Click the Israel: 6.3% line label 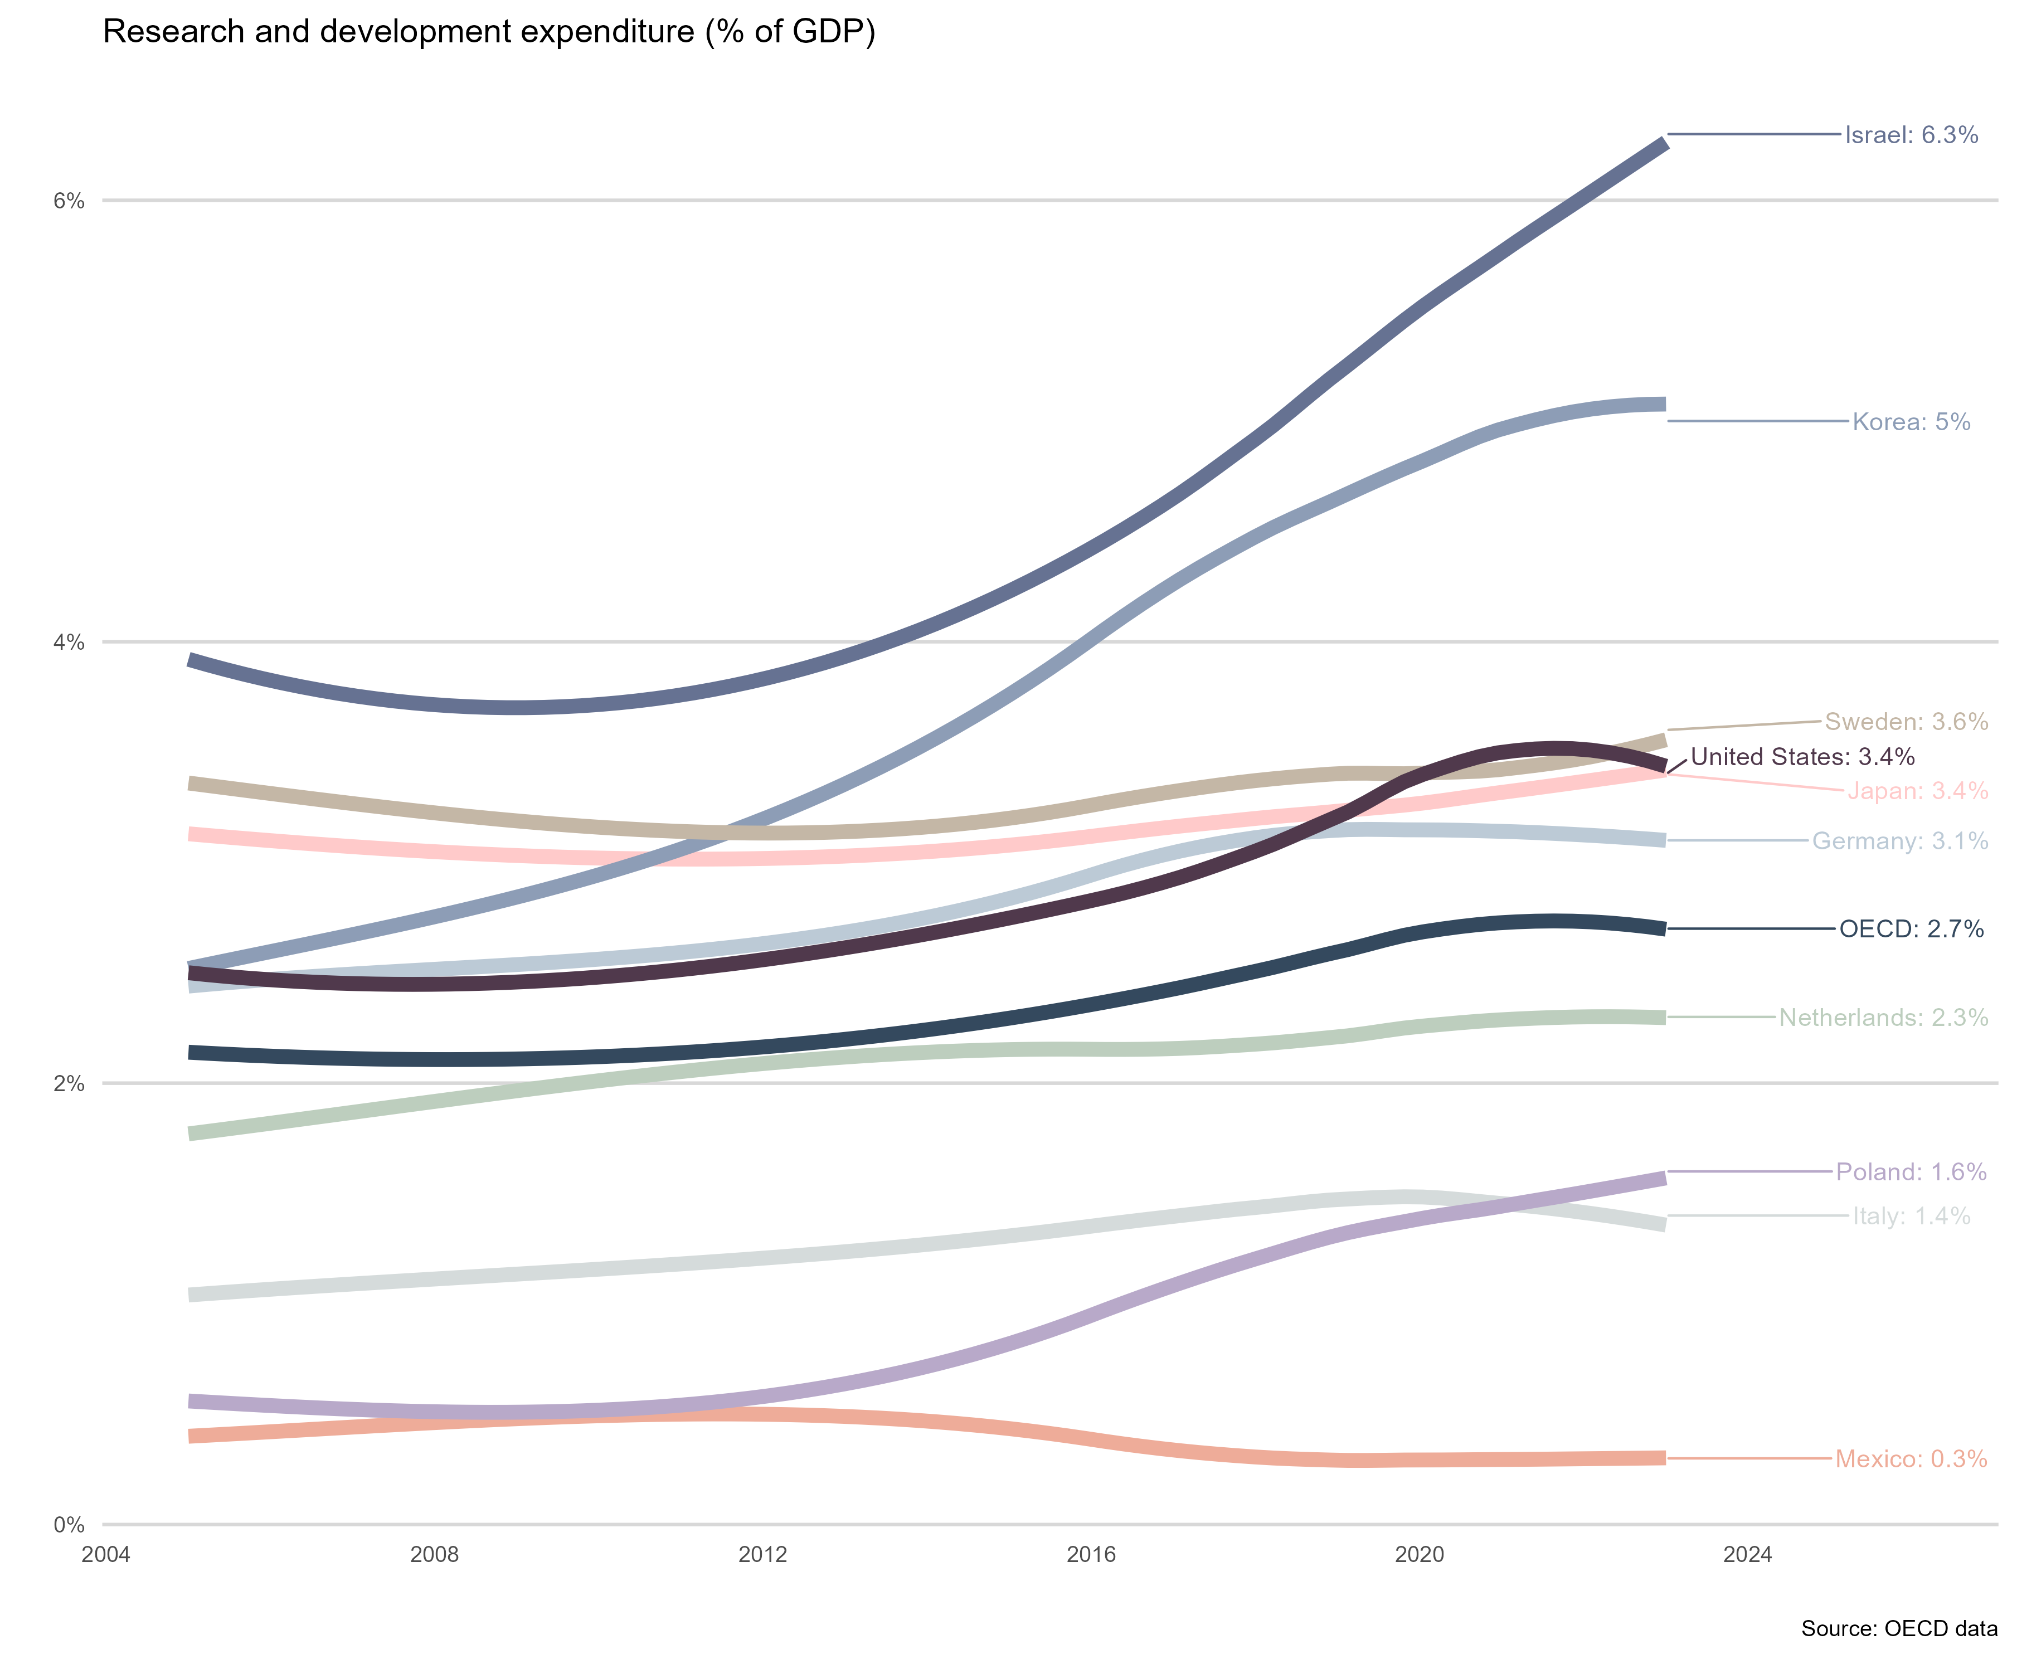point(1910,135)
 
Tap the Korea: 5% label point(1910,421)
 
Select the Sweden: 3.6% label point(1905,722)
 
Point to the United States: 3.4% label point(1802,757)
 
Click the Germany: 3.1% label point(1899,841)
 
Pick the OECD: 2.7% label point(1911,929)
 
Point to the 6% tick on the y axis point(69,201)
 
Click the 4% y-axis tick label point(69,642)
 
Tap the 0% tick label point(69,1525)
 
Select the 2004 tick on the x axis point(106,1555)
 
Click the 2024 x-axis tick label point(1747,1555)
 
